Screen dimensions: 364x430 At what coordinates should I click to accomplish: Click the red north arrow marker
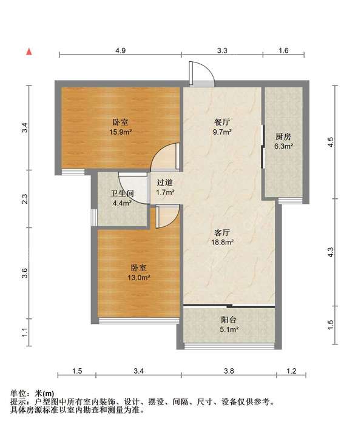coord(29,52)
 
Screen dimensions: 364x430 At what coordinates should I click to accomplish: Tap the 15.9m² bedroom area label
coord(121,132)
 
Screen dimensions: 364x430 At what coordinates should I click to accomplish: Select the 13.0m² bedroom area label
coord(138,278)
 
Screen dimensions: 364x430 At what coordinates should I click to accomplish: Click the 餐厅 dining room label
coord(223,122)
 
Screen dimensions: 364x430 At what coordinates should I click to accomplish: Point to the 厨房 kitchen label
coord(283,136)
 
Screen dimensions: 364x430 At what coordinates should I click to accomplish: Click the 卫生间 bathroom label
coord(123,193)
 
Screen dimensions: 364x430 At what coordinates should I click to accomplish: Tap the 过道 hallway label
coord(165,183)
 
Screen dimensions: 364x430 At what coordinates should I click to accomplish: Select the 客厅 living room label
coord(222,233)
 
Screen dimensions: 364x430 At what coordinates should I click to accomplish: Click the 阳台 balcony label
coord(229,320)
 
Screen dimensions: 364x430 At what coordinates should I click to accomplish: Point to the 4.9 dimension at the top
coord(120,50)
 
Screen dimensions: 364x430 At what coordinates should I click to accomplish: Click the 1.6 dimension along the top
coord(283,50)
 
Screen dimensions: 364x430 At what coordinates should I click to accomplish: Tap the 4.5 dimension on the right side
coord(331,142)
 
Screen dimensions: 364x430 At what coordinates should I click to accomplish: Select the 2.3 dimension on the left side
coord(25,199)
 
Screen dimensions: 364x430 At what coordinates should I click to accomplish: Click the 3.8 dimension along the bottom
coord(229,371)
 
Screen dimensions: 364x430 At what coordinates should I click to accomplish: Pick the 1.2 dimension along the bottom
coord(291,371)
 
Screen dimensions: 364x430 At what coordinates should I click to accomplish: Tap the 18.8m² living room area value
coord(222,242)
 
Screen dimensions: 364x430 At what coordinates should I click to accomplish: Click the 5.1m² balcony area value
coord(229,329)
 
